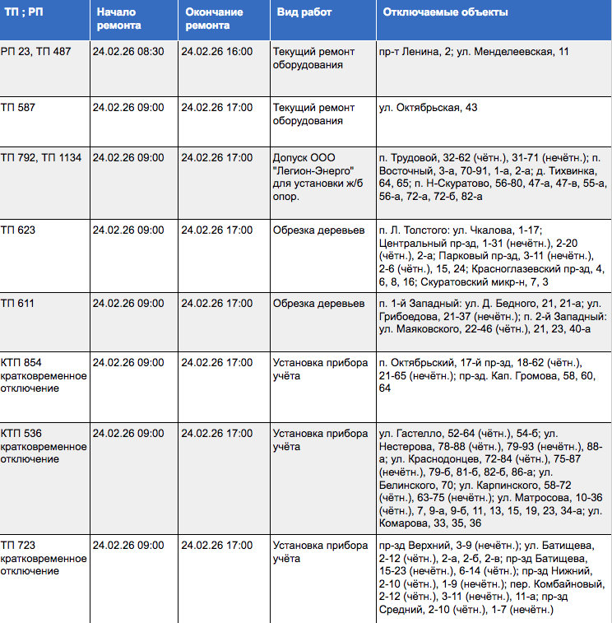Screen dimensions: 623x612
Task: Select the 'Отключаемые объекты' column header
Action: tap(444, 13)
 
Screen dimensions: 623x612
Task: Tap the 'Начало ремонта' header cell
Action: tap(118, 19)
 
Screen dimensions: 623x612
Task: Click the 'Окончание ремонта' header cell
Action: tap(215, 19)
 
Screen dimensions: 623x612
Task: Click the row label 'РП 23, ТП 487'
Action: tap(36, 52)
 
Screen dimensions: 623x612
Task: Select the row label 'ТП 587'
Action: tap(18, 108)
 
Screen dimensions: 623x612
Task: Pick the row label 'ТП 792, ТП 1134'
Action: tap(41, 157)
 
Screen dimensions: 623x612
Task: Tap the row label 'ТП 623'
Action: tap(18, 230)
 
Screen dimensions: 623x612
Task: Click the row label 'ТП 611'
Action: tap(18, 304)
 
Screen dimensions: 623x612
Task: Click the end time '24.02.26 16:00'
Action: tap(216, 52)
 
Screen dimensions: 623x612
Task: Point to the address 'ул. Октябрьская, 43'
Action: tap(428, 108)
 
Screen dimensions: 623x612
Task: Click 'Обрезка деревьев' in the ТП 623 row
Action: tap(318, 230)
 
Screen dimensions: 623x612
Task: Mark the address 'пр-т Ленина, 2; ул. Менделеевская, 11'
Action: tap(474, 52)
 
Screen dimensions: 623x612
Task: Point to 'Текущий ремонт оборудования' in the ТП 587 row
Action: tap(314, 114)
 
